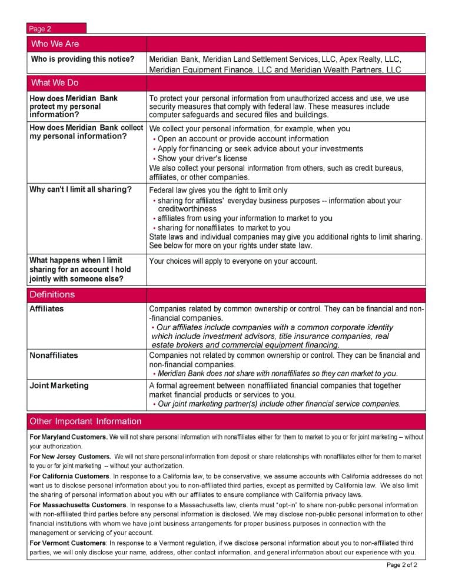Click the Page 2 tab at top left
click(x=41, y=29)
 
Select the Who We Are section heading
click(x=55, y=44)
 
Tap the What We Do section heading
click(x=55, y=83)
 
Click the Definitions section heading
click(x=52, y=294)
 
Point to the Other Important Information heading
click(x=85, y=421)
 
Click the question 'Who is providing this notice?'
click(x=82, y=59)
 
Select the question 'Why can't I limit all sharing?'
click(x=81, y=190)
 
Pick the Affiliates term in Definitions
click(x=46, y=309)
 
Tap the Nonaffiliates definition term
click(x=54, y=355)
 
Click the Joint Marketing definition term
click(x=59, y=385)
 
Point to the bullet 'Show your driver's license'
click(x=202, y=158)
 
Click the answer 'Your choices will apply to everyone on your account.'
click(x=233, y=261)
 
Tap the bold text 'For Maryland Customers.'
click(x=68, y=437)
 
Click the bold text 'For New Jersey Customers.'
click(x=70, y=456)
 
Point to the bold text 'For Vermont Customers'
click(x=68, y=543)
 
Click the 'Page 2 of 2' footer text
click(x=402, y=565)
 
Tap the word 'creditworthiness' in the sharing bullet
click(x=187, y=209)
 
